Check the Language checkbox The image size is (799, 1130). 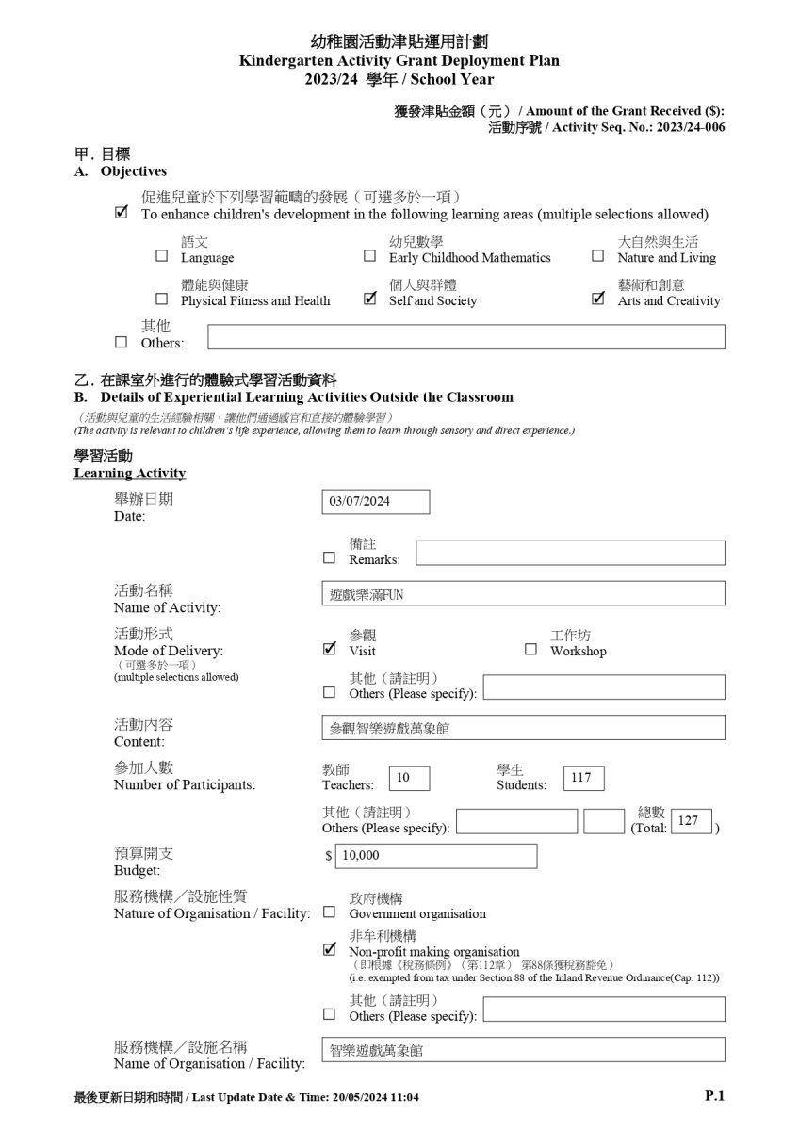point(162,256)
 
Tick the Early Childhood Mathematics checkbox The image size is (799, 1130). point(370,256)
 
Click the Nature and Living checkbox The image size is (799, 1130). point(598,256)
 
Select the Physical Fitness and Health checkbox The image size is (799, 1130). point(162,300)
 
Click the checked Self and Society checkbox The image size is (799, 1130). point(370,300)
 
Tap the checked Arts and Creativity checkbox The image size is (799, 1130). point(598,300)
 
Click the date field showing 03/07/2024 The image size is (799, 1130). point(375,502)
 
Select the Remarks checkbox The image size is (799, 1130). point(329,557)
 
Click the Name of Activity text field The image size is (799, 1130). point(523,593)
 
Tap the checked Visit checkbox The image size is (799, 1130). point(329,649)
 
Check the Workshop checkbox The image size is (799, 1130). point(530,649)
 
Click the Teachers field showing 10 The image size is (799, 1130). point(408,778)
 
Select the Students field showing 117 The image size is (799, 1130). point(583,778)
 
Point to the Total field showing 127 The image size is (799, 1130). point(692,820)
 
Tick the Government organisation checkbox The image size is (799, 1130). point(329,912)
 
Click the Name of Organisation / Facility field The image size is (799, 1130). point(523,1050)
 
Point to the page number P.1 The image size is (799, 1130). point(714,1096)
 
